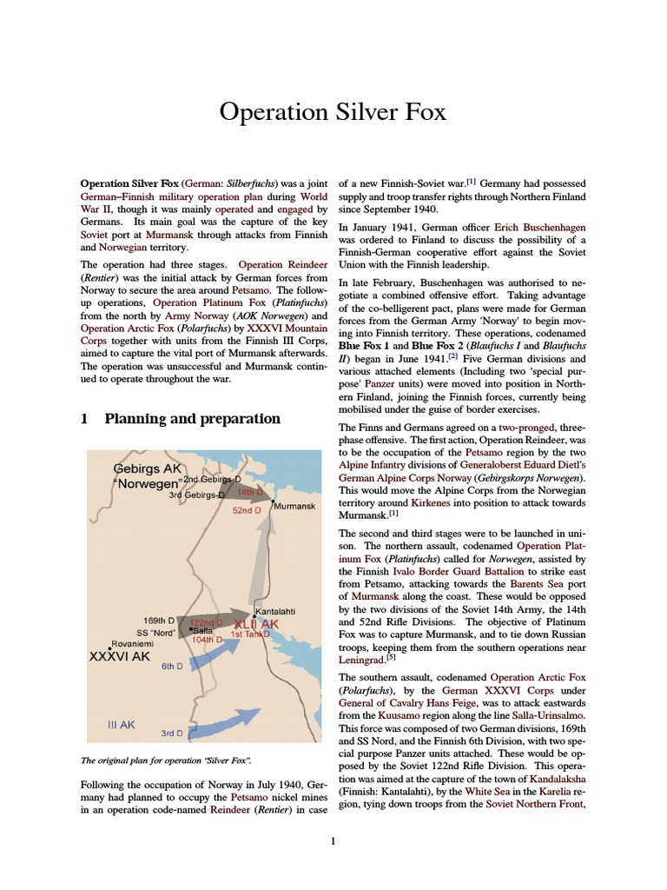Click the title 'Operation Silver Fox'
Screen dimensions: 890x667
tap(333, 112)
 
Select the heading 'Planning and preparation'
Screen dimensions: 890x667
tap(192, 419)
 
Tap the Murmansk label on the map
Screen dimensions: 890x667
tap(294, 506)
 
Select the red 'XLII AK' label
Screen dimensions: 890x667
tap(257, 624)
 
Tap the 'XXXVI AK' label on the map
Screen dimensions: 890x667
tap(121, 657)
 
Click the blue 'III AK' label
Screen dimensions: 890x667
tap(122, 723)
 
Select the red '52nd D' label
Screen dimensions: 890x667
tap(247, 511)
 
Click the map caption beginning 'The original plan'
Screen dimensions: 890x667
tap(166, 760)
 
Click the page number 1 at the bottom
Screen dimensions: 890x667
tap(333, 840)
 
